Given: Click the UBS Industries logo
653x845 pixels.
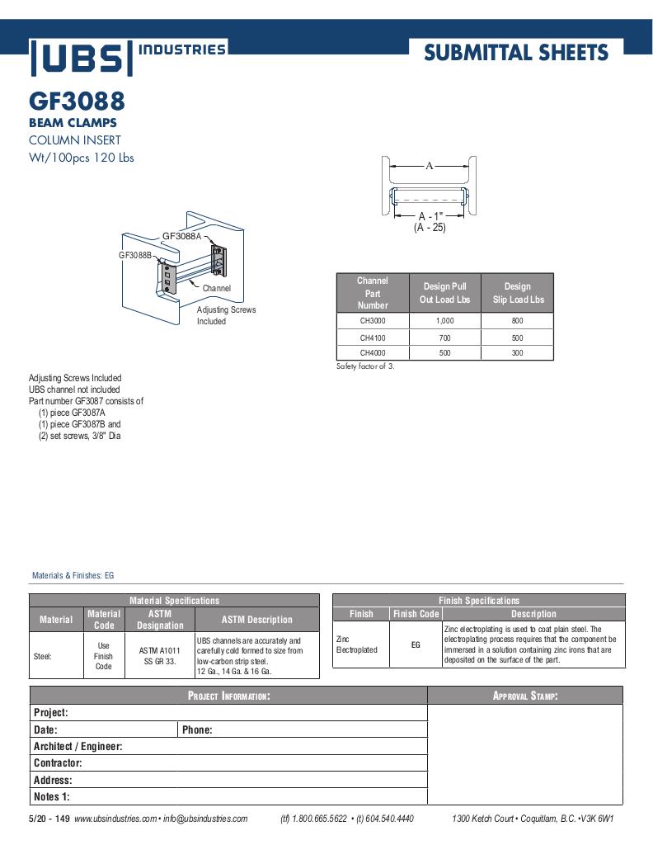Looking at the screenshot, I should coord(128,56).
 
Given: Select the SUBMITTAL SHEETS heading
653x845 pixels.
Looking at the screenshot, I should coord(516,53).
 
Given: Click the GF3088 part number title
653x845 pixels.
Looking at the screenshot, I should coord(77,101).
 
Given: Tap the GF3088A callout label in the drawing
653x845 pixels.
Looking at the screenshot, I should coord(181,236).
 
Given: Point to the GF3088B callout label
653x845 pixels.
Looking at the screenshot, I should coord(135,256).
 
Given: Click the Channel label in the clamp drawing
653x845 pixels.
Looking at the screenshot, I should coord(217,288).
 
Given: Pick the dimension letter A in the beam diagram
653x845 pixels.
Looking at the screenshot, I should coord(429,165).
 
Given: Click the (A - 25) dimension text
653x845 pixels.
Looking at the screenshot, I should coord(430,228).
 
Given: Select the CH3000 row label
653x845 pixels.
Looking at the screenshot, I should coord(373,320).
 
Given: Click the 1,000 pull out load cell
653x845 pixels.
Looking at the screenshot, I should coord(444,320).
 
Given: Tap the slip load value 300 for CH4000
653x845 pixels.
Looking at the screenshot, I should coord(518,352).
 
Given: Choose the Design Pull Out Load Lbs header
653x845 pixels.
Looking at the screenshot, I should coord(444,293).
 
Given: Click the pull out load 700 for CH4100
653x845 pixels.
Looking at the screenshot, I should coord(444,338).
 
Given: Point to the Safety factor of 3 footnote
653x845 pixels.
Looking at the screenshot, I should coord(365,366).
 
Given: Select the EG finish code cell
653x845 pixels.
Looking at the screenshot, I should coord(416,644).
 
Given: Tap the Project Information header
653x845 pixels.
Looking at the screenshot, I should coord(228,696).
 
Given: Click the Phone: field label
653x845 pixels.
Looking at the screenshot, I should coord(197,729).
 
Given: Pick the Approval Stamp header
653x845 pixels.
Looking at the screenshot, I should coord(525,696).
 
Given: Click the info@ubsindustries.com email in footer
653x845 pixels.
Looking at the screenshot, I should coord(205,819).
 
